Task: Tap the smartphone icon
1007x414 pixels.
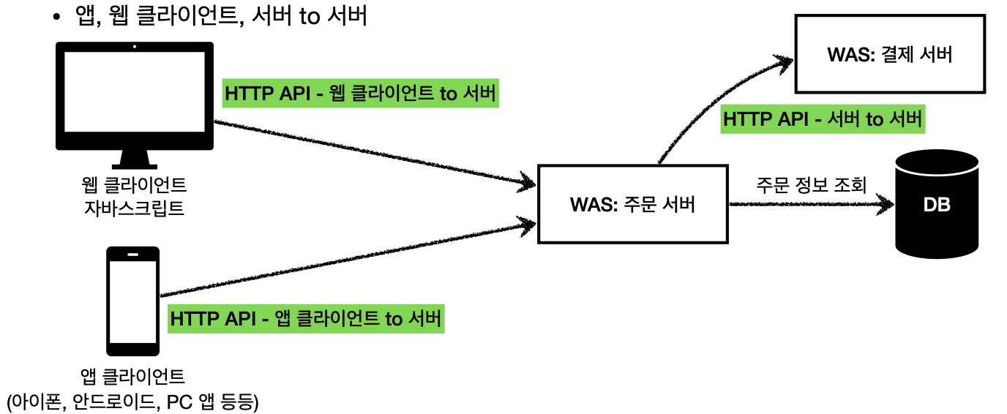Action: click(133, 300)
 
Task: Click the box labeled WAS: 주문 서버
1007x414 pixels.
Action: click(632, 205)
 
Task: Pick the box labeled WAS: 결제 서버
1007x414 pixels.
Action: click(889, 55)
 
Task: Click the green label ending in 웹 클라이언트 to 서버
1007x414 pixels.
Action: click(360, 94)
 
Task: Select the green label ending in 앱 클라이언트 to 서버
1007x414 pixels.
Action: click(306, 319)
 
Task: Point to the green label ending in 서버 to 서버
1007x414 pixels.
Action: click(823, 119)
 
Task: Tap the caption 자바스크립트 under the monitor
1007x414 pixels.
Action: click(135, 208)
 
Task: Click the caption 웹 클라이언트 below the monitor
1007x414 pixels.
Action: click(135, 184)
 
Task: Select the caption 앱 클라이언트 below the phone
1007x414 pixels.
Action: click(133, 377)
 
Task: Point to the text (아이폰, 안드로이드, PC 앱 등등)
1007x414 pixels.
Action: click(132, 402)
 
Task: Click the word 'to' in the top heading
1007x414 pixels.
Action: click(310, 16)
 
